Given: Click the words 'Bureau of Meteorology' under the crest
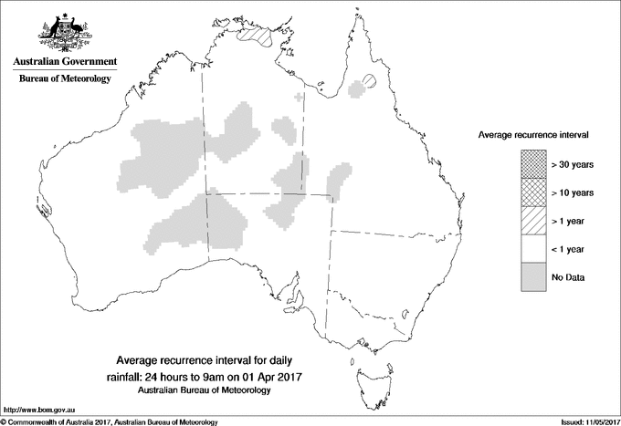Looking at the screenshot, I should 64,78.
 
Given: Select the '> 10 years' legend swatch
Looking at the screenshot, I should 529,192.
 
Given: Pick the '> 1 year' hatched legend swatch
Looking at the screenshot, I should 529,220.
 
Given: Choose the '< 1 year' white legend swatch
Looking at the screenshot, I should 529,248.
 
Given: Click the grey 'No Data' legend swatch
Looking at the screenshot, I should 529,276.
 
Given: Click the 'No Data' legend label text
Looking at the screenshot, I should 567,276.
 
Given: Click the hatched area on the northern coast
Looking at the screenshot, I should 259,37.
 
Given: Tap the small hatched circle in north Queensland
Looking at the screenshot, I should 368,80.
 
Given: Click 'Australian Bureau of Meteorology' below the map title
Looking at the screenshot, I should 205,390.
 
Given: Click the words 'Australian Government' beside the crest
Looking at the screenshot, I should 64,61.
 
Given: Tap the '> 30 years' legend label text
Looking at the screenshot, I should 573,164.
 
